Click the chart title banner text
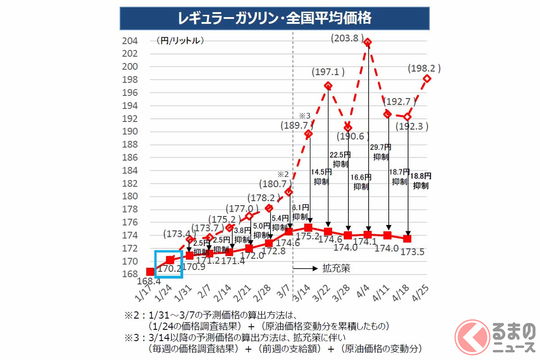pos(274,18)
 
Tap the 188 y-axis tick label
pos(130,145)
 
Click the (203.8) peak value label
pos(346,38)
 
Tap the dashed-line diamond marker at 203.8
pos(368,43)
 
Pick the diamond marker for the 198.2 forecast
pos(427,78)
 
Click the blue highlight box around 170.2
pos(168,265)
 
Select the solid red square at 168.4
pos(150,272)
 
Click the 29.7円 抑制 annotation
pos(381,152)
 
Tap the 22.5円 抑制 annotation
pos(341,159)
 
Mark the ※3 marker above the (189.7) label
pos(305,115)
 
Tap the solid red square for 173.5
pos(408,238)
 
